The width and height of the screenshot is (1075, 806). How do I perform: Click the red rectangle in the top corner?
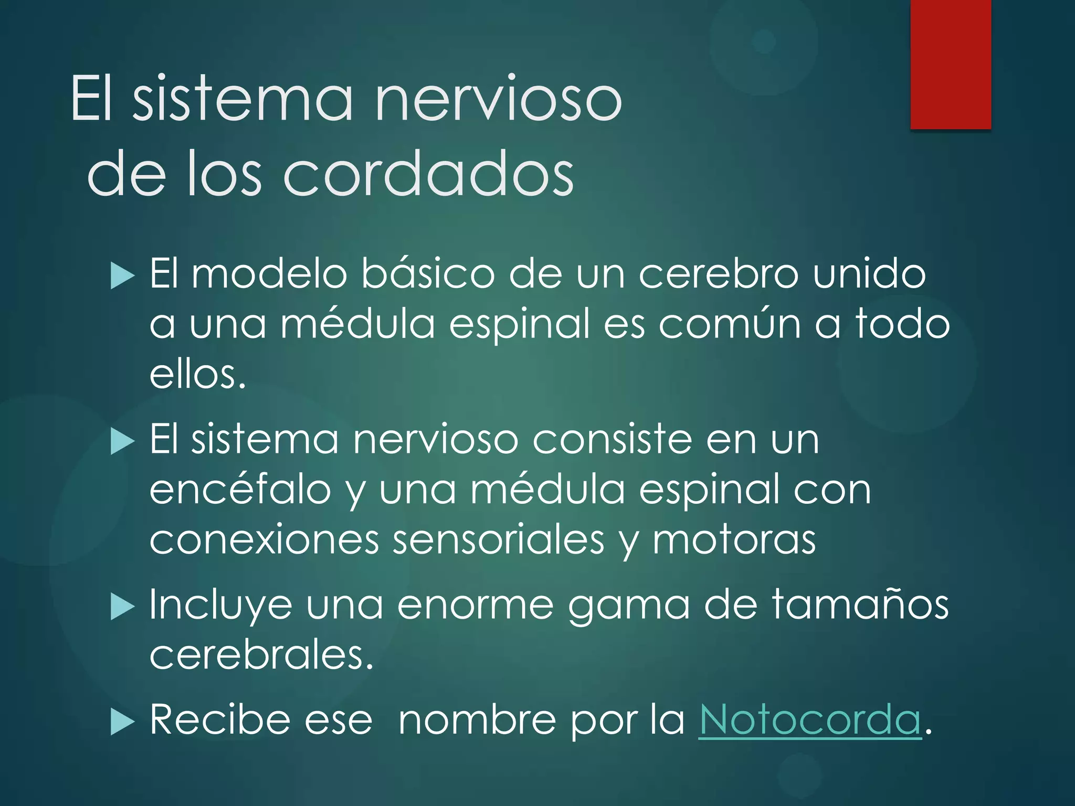pyautogui.click(x=951, y=64)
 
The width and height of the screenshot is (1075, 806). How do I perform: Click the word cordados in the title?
pyautogui.click(x=428, y=173)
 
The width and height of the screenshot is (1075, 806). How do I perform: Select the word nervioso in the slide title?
pyautogui.click(x=498, y=99)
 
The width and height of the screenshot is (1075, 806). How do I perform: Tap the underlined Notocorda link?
pyautogui.click(x=809, y=719)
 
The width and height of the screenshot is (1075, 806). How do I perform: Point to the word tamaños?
pyautogui.click(x=860, y=604)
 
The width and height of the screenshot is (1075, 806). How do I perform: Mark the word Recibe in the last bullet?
pyautogui.click(x=220, y=719)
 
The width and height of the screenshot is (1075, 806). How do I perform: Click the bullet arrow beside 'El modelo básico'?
pyautogui.click(x=123, y=276)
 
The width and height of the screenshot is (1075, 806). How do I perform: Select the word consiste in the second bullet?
pyautogui.click(x=612, y=439)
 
